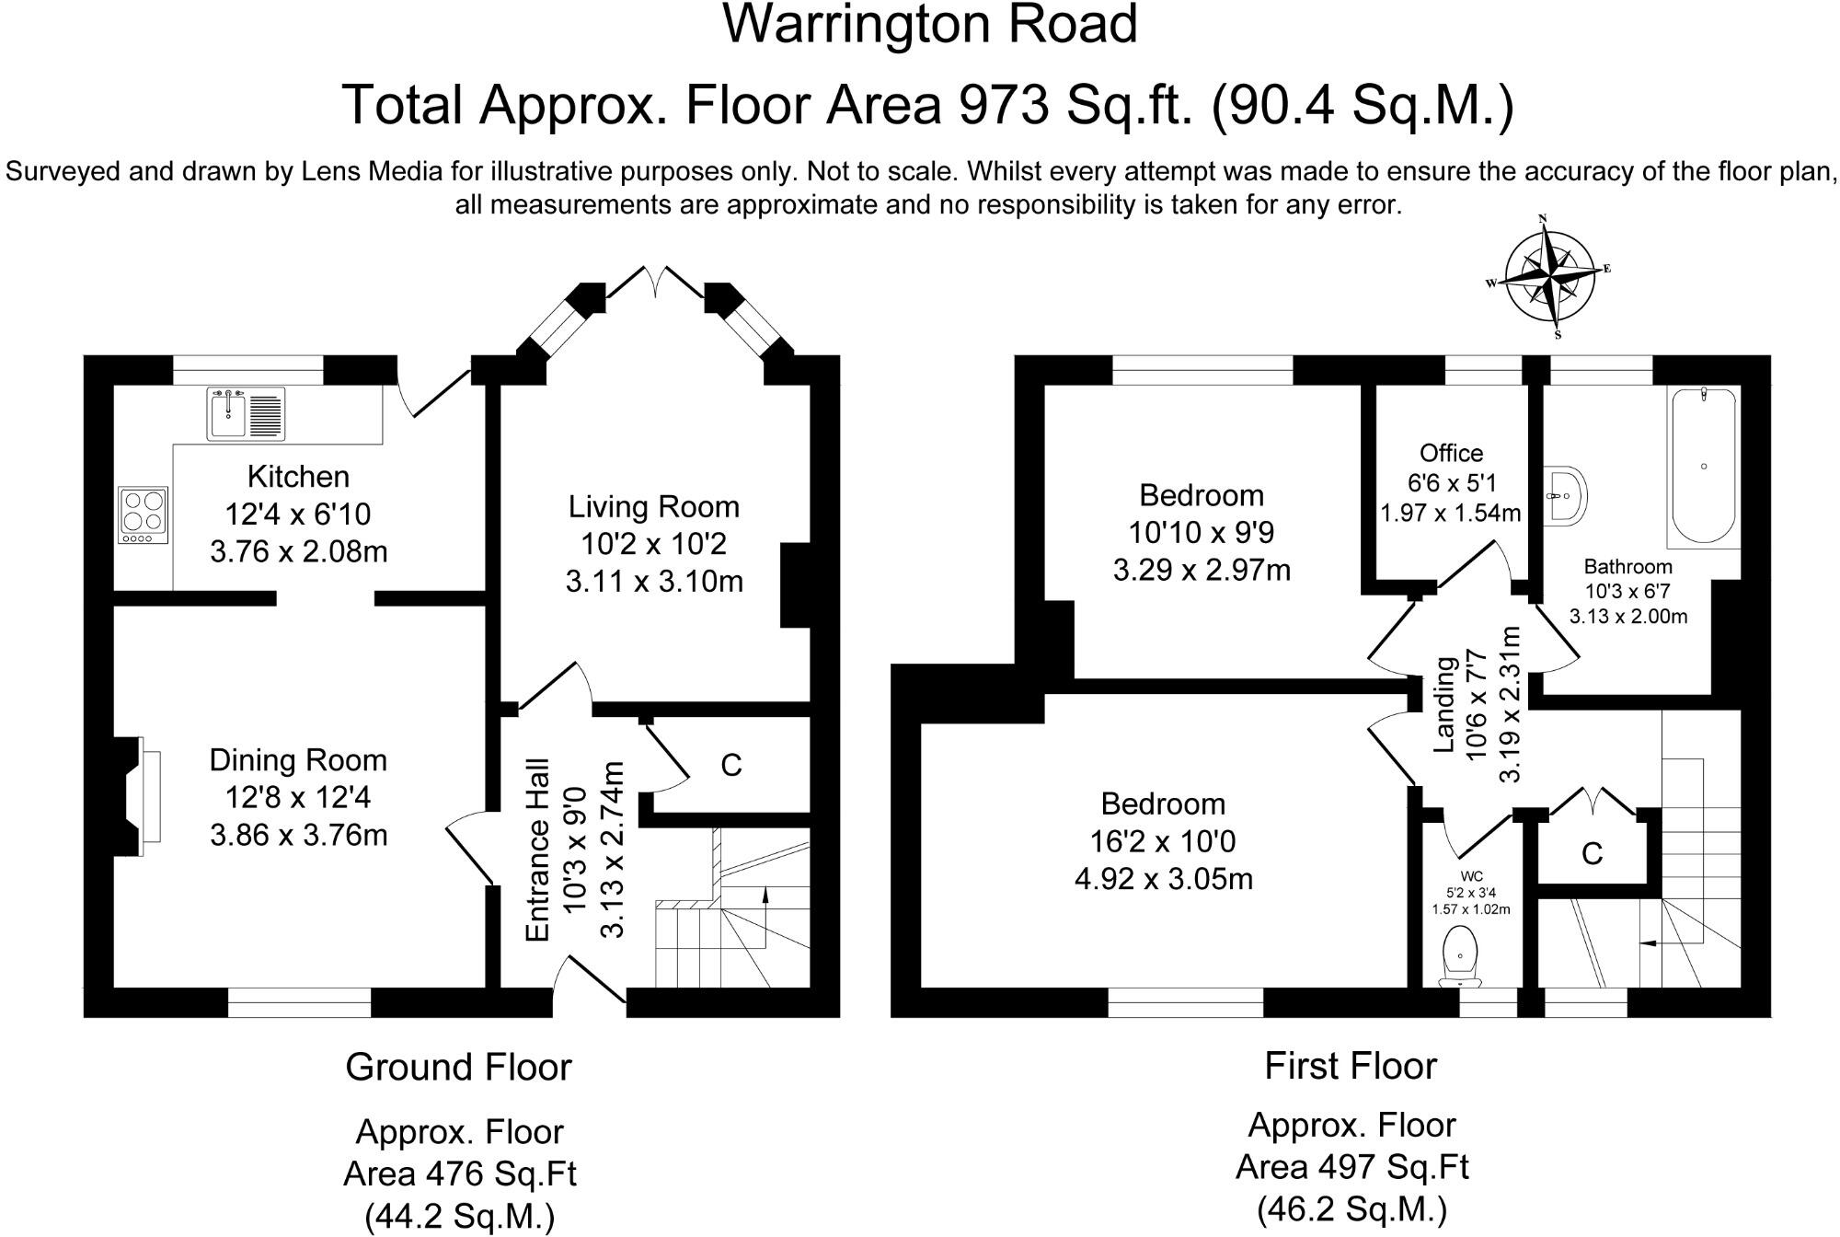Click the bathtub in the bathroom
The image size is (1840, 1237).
[1704, 466]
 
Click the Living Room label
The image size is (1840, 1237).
[653, 507]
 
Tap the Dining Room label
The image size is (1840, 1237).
[298, 760]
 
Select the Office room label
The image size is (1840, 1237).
[1451, 453]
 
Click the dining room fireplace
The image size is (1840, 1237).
[138, 797]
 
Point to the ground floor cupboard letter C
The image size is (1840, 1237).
[731, 766]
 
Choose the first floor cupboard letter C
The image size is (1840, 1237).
[1592, 854]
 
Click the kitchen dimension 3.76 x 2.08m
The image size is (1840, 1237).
[298, 552]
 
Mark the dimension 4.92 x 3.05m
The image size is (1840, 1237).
[1163, 879]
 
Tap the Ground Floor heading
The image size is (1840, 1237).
[458, 1068]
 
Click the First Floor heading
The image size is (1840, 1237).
[1350, 1066]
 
